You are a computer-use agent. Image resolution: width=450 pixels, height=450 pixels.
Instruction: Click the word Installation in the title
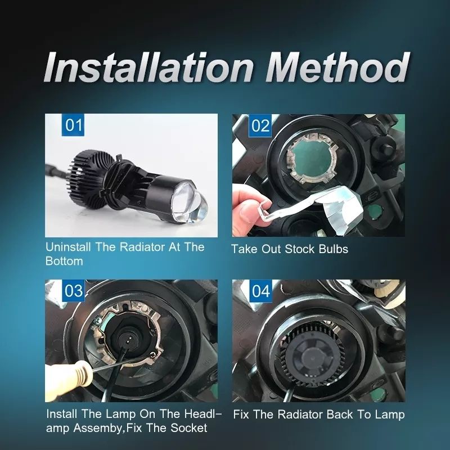[x=149, y=67]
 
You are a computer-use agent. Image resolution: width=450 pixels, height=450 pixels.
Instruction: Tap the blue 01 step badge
[x=73, y=125]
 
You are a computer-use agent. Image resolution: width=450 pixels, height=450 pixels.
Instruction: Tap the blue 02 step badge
[x=260, y=125]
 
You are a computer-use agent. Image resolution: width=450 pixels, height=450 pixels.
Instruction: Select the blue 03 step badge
[x=73, y=290]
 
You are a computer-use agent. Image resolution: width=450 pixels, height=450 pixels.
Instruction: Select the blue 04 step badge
[x=260, y=291]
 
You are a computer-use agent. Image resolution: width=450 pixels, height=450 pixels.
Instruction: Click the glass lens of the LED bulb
[x=191, y=205]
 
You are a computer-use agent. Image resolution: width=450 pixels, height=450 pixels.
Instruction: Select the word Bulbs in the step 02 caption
[x=333, y=249]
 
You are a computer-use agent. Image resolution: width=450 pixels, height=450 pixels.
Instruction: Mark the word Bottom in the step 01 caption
[x=64, y=261]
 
